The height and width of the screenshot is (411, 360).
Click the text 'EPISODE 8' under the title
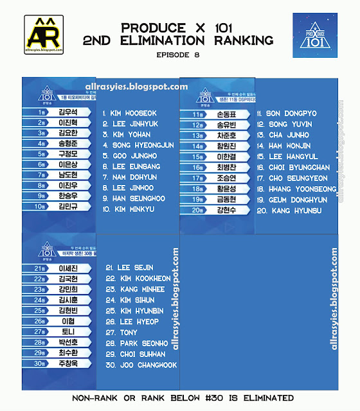177,55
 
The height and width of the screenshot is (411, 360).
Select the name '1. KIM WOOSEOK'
129,113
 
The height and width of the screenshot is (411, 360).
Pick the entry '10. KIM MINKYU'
129,209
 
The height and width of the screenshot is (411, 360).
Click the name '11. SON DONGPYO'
287,114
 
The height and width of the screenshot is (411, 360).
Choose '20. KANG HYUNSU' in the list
289,211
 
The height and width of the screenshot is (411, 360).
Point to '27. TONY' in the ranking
120,333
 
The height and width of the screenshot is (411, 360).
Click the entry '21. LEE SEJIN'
129,267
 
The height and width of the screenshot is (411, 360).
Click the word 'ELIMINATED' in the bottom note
266,398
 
